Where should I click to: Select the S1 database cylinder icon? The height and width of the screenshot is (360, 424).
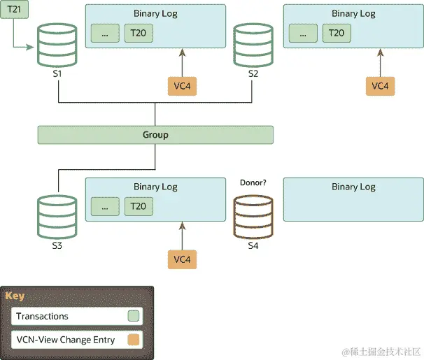coord(56,43)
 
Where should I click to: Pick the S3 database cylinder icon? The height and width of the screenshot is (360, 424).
coord(56,215)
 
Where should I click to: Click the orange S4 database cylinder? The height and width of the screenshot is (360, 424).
coord(253,215)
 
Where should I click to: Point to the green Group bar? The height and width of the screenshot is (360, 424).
coord(155,134)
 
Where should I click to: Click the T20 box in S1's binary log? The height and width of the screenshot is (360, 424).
coord(139,34)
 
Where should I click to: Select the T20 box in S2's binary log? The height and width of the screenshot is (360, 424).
coord(337,34)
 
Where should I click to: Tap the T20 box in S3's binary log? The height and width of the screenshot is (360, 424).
coord(139,206)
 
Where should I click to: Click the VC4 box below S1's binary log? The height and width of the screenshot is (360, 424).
coord(182,86)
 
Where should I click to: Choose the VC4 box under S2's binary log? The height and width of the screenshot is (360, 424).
coord(380,86)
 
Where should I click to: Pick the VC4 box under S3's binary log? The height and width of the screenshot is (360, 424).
coord(182,259)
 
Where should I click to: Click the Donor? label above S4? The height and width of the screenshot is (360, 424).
coord(253,183)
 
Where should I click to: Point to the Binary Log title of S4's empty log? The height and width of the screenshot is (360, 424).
coord(353,187)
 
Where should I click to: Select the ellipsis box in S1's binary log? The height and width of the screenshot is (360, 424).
coord(105,34)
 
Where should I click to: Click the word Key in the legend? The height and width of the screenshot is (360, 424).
coord(15,296)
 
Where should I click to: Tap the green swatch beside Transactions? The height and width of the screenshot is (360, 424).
coord(132,316)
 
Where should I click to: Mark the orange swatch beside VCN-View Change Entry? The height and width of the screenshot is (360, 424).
coord(132,340)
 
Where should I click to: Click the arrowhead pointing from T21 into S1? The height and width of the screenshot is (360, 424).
coord(32,48)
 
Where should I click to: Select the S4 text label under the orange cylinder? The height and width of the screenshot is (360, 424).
coord(253,246)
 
